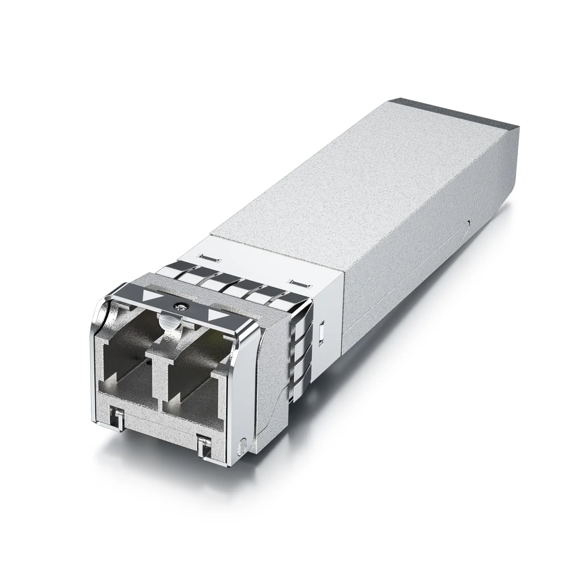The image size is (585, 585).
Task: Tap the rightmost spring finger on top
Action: (x=289, y=302)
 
